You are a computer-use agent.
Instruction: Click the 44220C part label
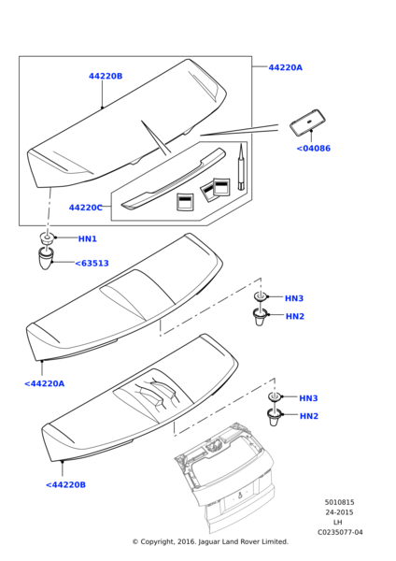click(x=85, y=208)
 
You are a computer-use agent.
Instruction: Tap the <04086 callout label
click(x=314, y=148)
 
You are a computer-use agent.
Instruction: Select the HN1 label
click(x=88, y=238)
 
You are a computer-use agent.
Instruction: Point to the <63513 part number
click(x=92, y=264)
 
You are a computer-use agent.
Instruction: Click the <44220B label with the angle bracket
click(x=65, y=484)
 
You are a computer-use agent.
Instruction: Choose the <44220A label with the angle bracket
click(x=44, y=383)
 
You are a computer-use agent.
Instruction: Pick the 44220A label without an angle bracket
click(x=285, y=67)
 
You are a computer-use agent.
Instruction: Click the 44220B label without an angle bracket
click(x=106, y=76)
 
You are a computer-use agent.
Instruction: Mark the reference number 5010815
click(x=339, y=502)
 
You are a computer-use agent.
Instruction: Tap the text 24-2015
click(x=339, y=512)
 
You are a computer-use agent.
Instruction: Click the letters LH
click(x=337, y=523)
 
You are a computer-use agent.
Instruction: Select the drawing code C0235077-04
click(x=340, y=532)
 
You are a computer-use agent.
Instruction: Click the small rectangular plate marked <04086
click(x=307, y=122)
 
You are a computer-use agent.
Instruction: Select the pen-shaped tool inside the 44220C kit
click(x=242, y=167)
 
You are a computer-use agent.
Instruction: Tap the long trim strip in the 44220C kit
click(x=174, y=179)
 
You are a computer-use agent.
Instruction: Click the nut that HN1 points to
click(x=47, y=237)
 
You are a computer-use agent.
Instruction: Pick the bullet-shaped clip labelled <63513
click(x=46, y=258)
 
